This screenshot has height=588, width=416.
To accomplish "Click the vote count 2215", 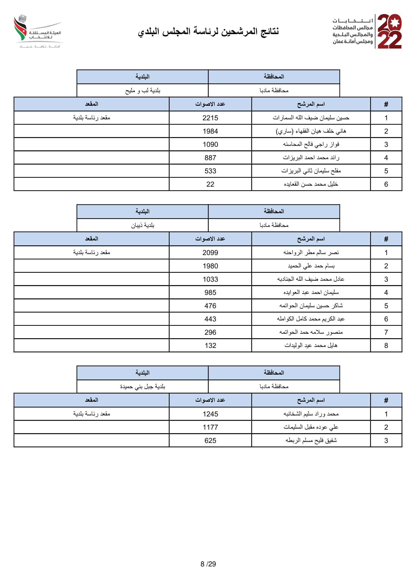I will [x=210, y=118].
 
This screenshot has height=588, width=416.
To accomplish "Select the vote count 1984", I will [x=210, y=131].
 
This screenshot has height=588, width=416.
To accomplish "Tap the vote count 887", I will [x=210, y=158].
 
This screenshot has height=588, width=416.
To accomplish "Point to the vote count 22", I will [x=210, y=184].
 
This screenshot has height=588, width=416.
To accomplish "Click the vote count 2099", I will [x=210, y=252].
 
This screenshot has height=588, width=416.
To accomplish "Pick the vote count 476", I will [x=210, y=306].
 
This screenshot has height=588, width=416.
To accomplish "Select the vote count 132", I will [x=210, y=345].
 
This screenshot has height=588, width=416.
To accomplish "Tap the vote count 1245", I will [x=210, y=414].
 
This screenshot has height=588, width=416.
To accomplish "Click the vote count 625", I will [x=210, y=440].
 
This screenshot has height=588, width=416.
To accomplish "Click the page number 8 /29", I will [x=208, y=564].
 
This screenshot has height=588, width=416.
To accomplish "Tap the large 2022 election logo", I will [x=389, y=31].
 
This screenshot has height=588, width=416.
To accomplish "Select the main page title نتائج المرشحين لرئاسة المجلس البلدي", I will [x=208, y=31].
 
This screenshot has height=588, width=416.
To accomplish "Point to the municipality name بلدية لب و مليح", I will [x=142, y=91].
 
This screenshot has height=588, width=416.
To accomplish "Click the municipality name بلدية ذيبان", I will [x=142, y=225].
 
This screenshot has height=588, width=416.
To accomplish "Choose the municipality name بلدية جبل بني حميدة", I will [x=142, y=386].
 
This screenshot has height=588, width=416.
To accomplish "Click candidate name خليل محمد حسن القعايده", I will [x=311, y=184].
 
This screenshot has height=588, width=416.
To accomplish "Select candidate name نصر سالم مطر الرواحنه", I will [x=311, y=252].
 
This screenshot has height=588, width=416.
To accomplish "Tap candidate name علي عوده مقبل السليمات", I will [x=311, y=427].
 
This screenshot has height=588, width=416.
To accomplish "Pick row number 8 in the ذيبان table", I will [x=386, y=345].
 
